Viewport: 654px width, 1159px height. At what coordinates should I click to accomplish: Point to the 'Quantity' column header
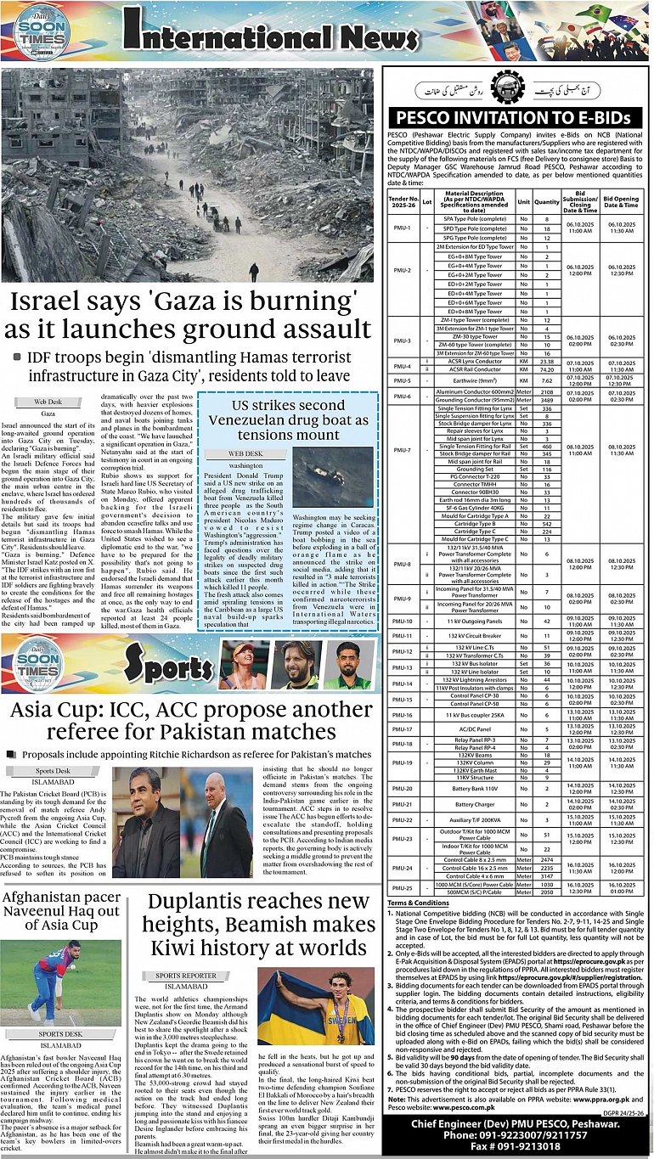coord(547,202)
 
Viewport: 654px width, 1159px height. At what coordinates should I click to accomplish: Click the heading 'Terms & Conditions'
coord(419,903)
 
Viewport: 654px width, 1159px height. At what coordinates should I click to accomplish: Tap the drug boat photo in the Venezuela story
coord(332,477)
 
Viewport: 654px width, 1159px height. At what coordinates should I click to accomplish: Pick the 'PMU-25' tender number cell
coord(402,888)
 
